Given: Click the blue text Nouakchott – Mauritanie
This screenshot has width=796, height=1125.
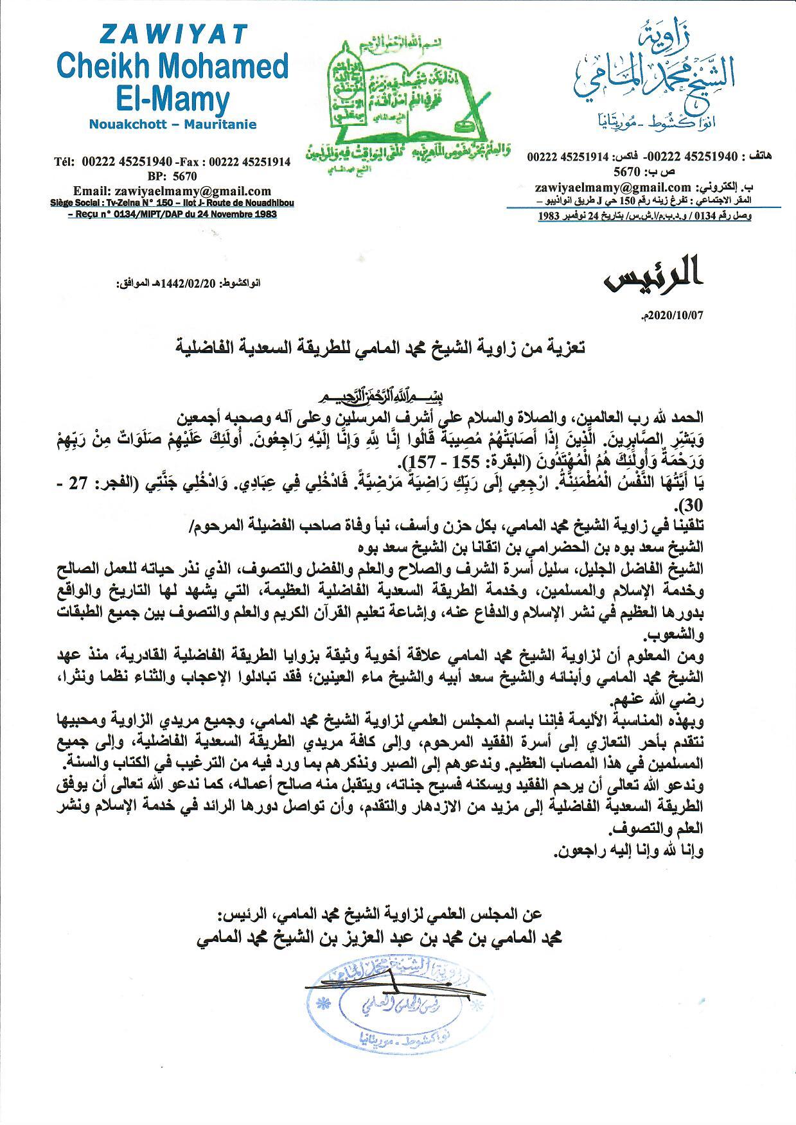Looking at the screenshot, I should tap(172, 124).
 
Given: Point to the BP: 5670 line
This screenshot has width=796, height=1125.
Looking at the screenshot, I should tap(172, 176).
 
